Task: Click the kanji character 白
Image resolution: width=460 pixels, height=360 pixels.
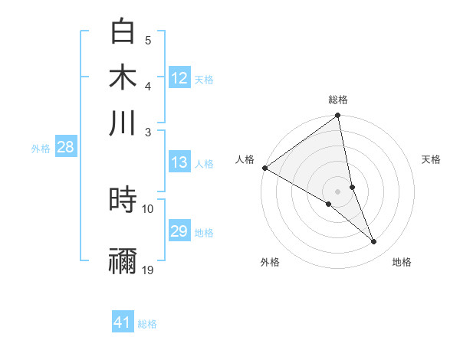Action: [x=123, y=32]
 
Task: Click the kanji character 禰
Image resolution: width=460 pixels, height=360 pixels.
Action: [x=123, y=260]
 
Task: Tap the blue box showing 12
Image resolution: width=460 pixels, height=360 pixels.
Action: [x=179, y=77]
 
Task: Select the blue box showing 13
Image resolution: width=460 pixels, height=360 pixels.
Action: [x=179, y=162]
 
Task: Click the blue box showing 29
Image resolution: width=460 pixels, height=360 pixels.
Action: [x=179, y=231]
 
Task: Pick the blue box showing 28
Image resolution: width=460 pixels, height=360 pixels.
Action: [x=65, y=147]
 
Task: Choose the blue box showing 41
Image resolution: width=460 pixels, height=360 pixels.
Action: [x=123, y=322]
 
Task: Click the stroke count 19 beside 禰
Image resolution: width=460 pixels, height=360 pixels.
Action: [x=148, y=270]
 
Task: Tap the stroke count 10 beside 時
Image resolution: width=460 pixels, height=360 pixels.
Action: [x=148, y=208]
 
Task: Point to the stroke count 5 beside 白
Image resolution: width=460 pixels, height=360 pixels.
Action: [x=148, y=41]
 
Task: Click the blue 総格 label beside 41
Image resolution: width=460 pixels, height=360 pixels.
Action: [x=147, y=324]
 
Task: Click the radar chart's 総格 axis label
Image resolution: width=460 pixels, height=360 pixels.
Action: [x=337, y=100]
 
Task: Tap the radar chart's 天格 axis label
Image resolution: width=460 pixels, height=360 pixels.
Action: [x=432, y=159]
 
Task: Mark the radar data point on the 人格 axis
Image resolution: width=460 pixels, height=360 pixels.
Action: [x=264, y=168]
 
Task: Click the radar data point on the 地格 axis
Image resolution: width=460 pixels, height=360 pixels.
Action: [x=374, y=242]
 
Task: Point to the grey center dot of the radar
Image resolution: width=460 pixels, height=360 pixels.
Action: [x=337, y=191]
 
